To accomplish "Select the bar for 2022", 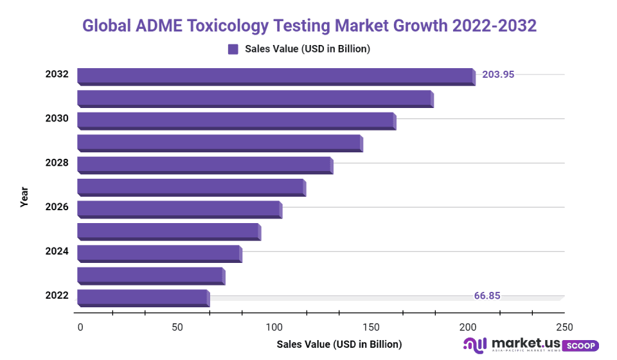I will [143, 298].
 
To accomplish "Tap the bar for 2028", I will [204, 165].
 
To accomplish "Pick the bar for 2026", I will [179, 209].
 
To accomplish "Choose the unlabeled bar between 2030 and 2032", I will [255, 98].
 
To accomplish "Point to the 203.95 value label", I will [498, 74].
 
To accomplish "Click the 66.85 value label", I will [487, 296].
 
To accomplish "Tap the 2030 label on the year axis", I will [57, 118].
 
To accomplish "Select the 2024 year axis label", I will [57, 251].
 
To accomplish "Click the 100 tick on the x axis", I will [274, 327].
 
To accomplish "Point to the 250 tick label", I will [564, 327].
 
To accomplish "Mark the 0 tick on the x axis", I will [80, 327].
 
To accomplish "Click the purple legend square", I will [233, 49].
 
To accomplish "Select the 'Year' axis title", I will [24, 196].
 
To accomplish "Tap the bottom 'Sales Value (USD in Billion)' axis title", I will [339, 345].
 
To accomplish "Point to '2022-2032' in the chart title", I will [494, 26].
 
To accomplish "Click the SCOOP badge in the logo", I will [580, 345].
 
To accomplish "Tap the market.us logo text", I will [523, 342].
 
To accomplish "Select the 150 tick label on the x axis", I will [371, 327].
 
